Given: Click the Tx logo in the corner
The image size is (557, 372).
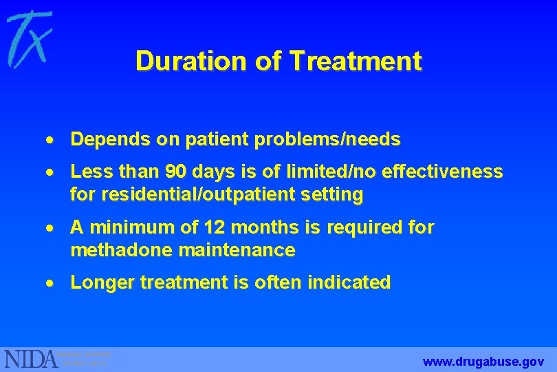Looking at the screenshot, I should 29,39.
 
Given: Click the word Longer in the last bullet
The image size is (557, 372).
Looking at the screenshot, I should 100,282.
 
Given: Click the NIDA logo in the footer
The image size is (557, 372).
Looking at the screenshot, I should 32,359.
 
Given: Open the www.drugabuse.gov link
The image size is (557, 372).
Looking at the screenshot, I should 483,361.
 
